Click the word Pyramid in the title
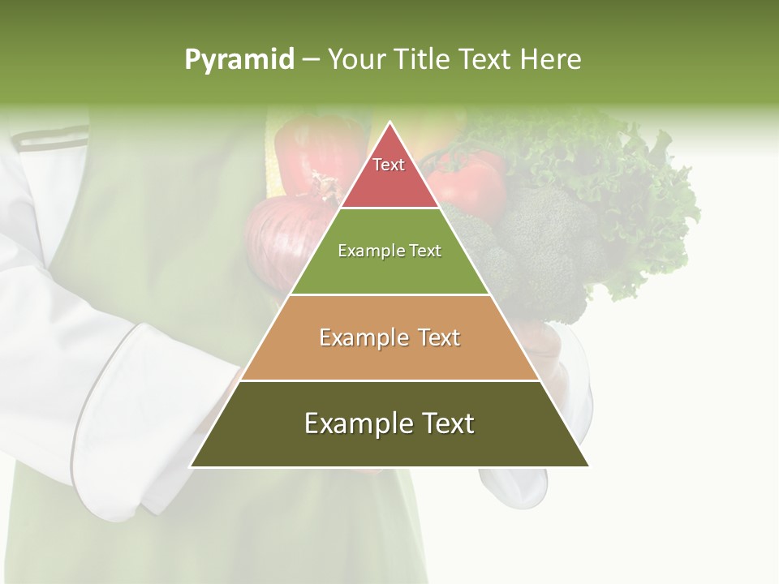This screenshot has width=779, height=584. [x=239, y=60]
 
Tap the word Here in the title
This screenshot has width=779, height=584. [x=550, y=60]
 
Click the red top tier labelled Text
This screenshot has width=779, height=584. [x=389, y=174]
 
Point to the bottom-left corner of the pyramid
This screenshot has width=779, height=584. [x=192, y=466]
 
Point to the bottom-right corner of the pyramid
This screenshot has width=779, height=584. [x=587, y=466]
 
